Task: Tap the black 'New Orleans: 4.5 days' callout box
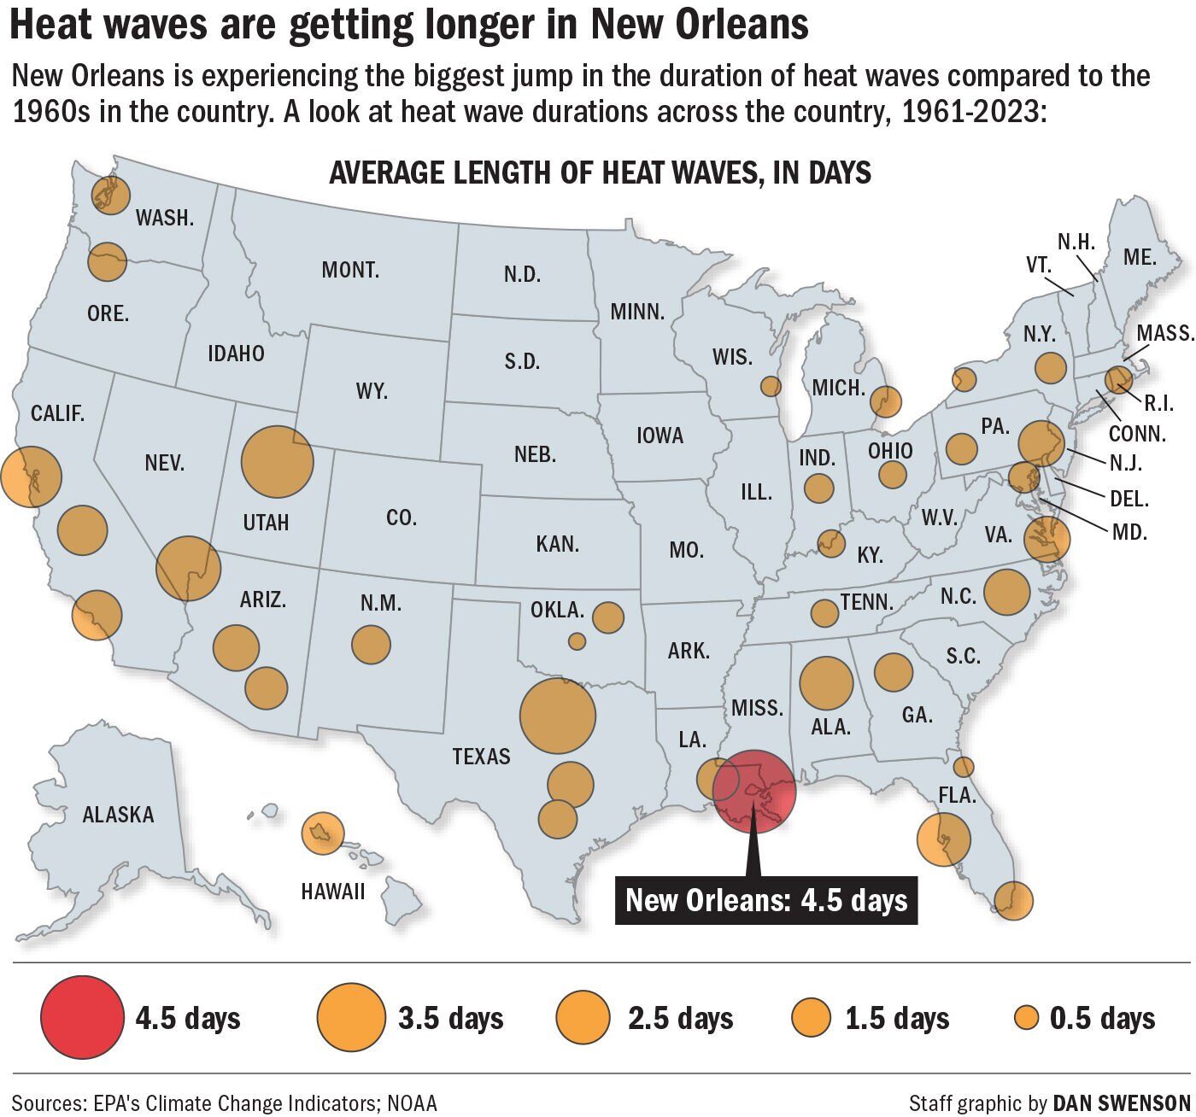click(x=766, y=900)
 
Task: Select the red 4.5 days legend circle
click(x=81, y=1018)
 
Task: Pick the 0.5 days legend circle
click(x=1026, y=1018)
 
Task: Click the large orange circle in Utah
click(x=278, y=462)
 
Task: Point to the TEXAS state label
click(x=481, y=757)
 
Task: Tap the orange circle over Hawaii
click(x=324, y=833)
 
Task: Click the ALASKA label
click(x=118, y=815)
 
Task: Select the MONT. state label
click(x=350, y=271)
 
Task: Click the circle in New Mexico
click(x=371, y=645)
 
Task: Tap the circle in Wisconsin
click(x=771, y=386)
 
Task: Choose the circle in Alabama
click(x=827, y=682)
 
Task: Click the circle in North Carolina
click(x=1007, y=591)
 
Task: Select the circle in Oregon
click(x=108, y=261)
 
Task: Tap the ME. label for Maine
click(x=1140, y=256)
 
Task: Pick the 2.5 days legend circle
click(x=583, y=1018)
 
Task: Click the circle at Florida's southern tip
click(x=1013, y=900)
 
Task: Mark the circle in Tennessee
click(x=824, y=612)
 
